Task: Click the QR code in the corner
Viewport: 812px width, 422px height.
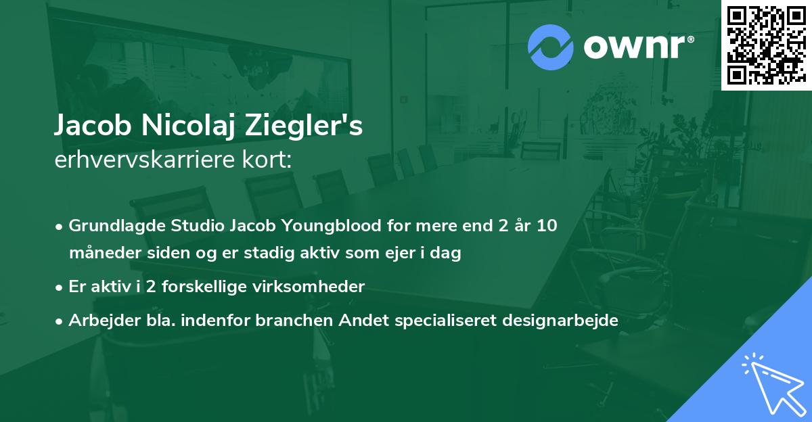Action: pos(766,45)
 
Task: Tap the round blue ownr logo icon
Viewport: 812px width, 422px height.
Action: pos(551,47)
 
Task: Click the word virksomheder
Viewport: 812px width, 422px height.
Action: pos(315,287)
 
